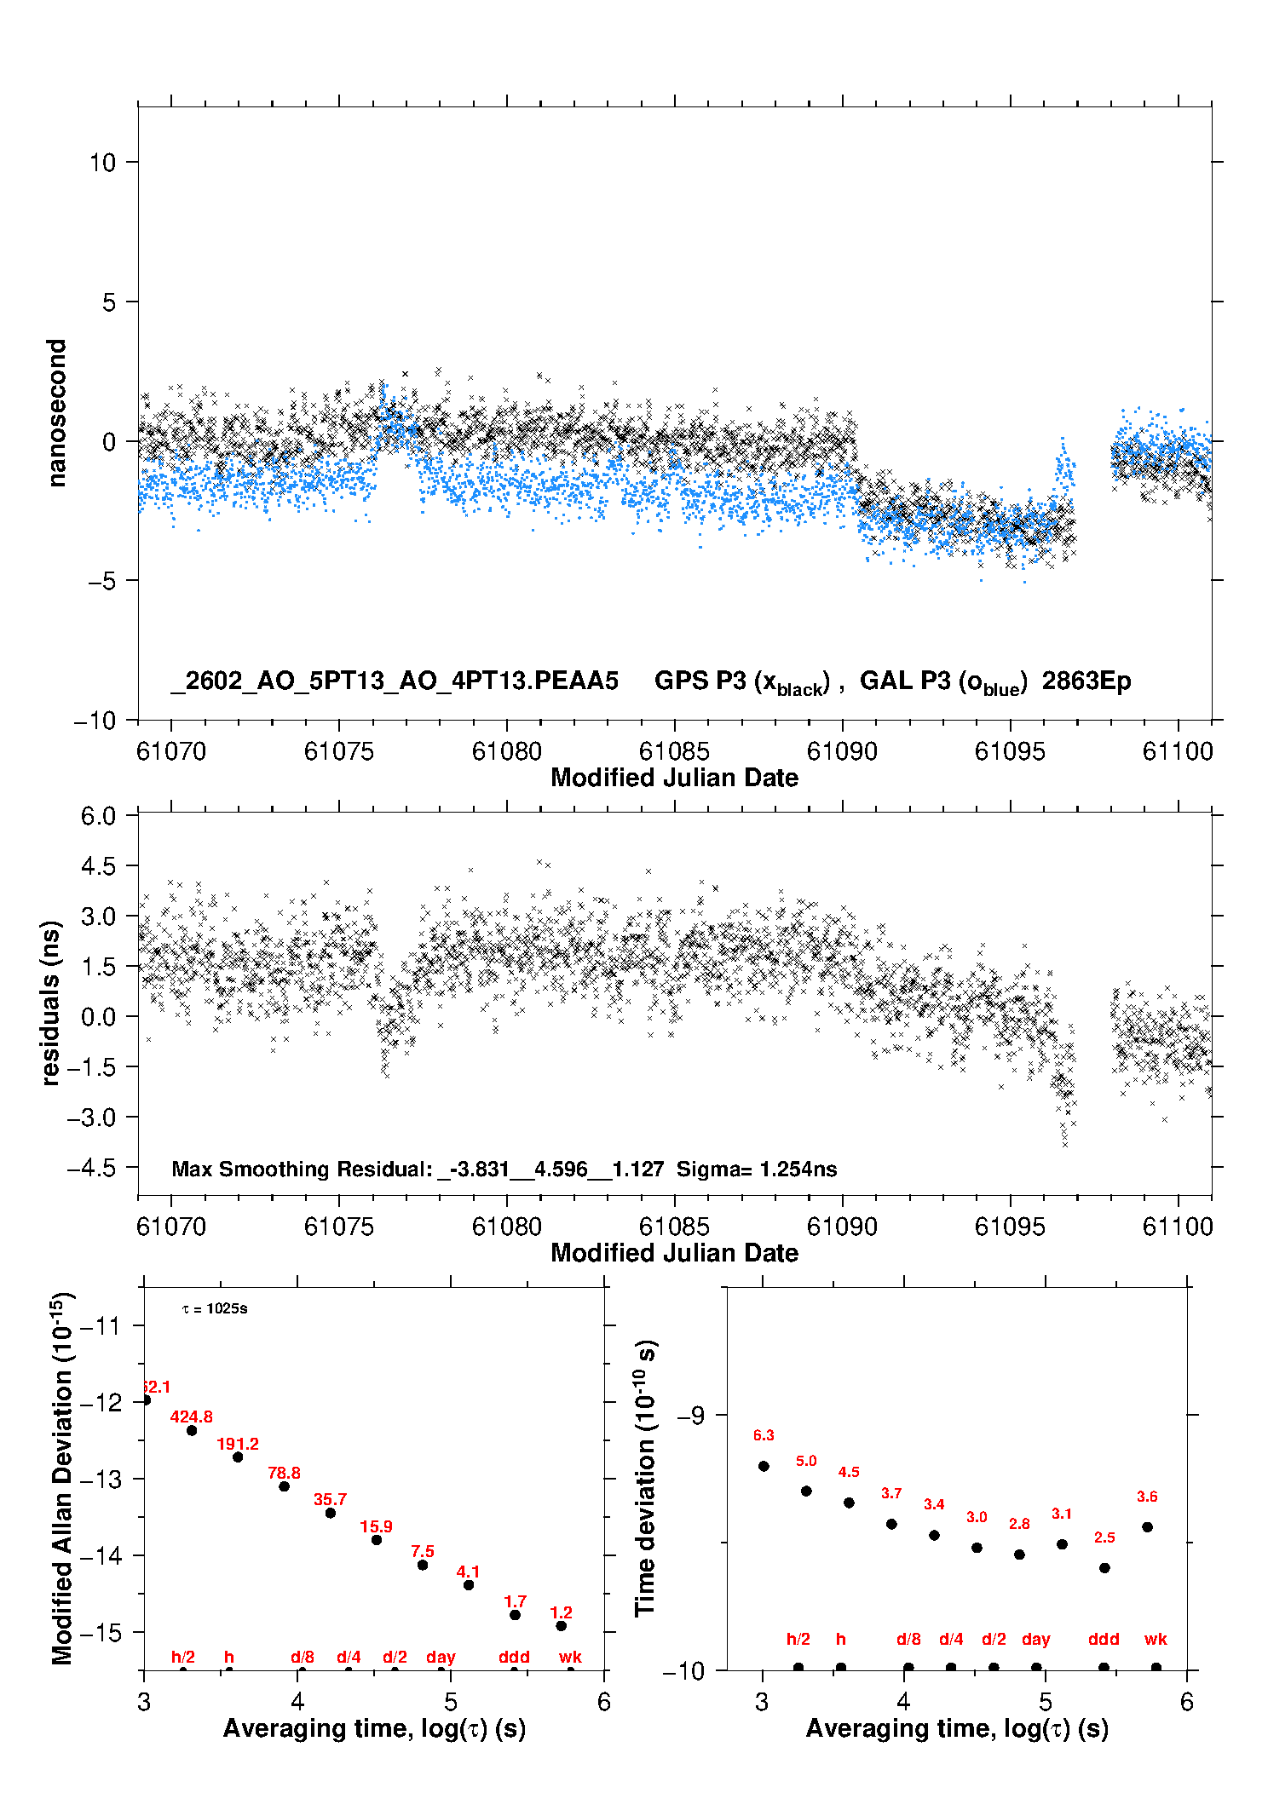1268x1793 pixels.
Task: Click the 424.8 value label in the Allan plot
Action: tap(191, 1417)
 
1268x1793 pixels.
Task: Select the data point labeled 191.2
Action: tap(238, 1457)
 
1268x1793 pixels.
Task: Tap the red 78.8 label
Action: tap(284, 1473)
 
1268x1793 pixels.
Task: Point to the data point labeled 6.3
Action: tap(764, 1466)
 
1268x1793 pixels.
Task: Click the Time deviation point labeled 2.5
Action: tap(1104, 1567)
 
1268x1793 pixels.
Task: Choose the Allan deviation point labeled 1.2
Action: tap(561, 1625)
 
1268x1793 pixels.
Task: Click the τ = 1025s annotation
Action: tap(215, 1308)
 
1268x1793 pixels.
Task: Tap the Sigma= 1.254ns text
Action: tap(757, 1169)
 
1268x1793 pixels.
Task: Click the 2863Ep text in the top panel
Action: tap(1086, 681)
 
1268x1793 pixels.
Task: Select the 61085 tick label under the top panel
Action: tap(674, 751)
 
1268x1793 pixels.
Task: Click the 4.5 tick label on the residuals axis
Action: tap(98, 866)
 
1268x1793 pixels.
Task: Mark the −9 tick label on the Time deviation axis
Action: tap(691, 1415)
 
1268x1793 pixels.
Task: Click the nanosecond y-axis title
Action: tap(57, 413)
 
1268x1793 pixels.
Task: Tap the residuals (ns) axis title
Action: tap(51, 1003)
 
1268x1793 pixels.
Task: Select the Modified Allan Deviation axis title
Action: tap(62, 1478)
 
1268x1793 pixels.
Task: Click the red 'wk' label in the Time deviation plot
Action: tap(1156, 1639)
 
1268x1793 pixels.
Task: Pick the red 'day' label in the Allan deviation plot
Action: tap(441, 1657)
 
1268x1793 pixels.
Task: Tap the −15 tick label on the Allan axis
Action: tap(100, 1632)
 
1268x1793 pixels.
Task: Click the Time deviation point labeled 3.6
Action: tap(1147, 1526)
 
